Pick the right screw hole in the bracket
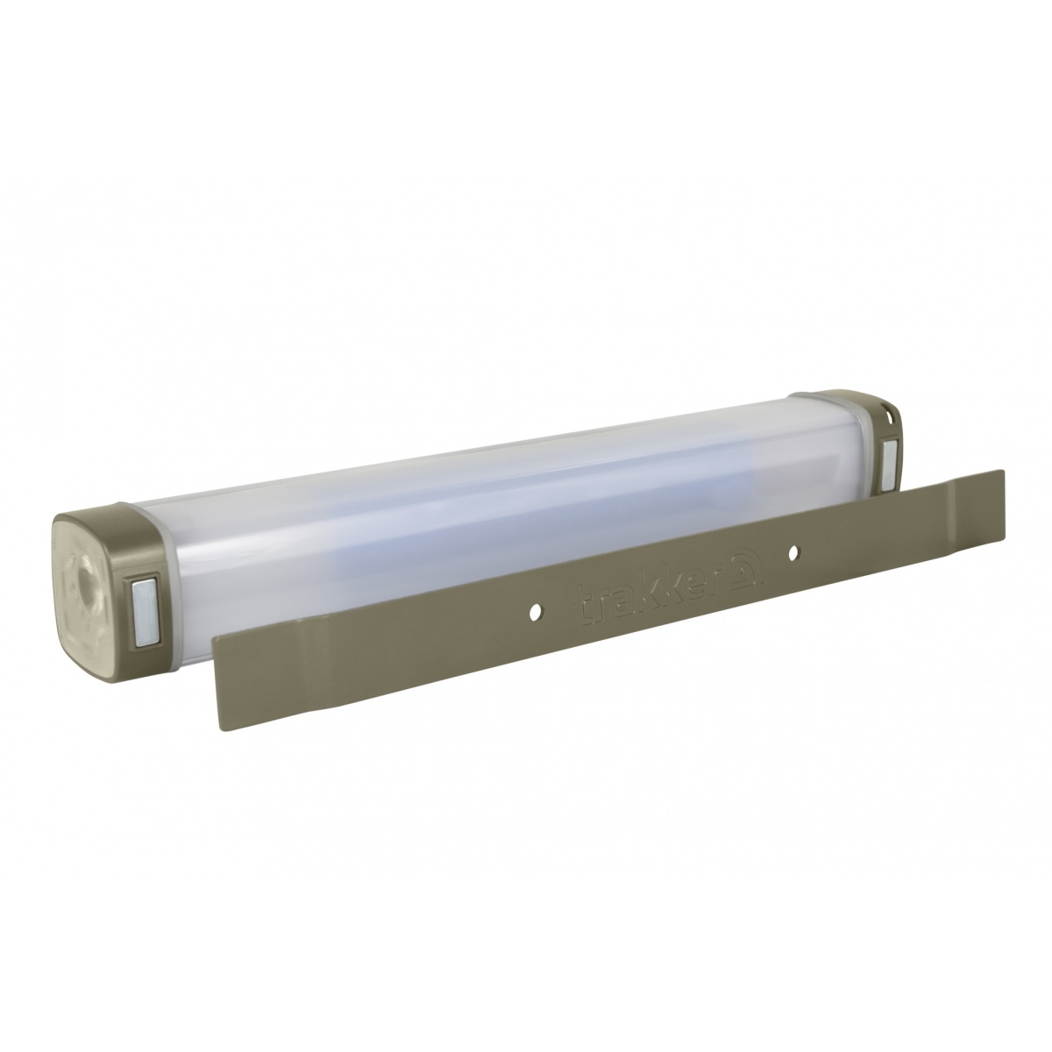pyautogui.click(x=792, y=553)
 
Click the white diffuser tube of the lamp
pyautogui.click(x=491, y=508)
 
